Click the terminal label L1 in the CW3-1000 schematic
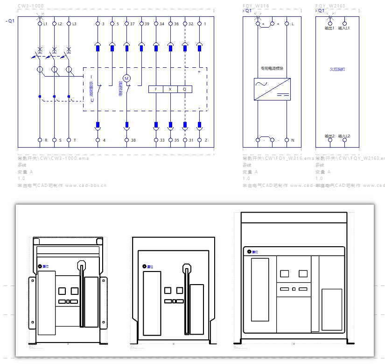[45, 23]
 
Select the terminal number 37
[133, 23]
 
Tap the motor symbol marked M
[126, 77]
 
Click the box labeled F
[155, 89]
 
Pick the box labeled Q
[184, 89]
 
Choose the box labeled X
[170, 89]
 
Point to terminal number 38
[133, 140]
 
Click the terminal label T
[75, 140]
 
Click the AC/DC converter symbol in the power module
[272, 89]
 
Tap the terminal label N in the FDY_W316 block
[293, 140]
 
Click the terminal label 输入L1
[344, 29]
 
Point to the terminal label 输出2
[329, 136]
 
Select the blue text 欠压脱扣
[337, 69]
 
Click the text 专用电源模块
[272, 68]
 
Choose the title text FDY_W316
[256, 6]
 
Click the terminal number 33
[162, 140]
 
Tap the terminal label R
[46, 140]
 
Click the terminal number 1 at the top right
[205, 23]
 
